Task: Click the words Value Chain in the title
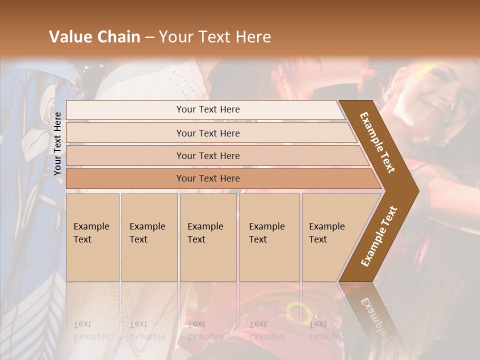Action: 94,37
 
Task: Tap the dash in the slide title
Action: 149,37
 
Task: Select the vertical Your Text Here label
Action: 57,143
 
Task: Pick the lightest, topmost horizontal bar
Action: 207,109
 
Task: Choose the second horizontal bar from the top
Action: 207,133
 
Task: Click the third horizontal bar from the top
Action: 207,155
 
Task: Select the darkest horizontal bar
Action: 207,178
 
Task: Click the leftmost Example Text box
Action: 92,237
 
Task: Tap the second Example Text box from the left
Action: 149,237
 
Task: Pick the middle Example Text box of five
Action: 208,237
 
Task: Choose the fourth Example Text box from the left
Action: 269,237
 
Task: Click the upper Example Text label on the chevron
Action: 377,142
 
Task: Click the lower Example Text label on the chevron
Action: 379,236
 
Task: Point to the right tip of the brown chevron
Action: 417,191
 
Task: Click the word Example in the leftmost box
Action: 91,226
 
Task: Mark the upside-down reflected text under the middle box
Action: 205,330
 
